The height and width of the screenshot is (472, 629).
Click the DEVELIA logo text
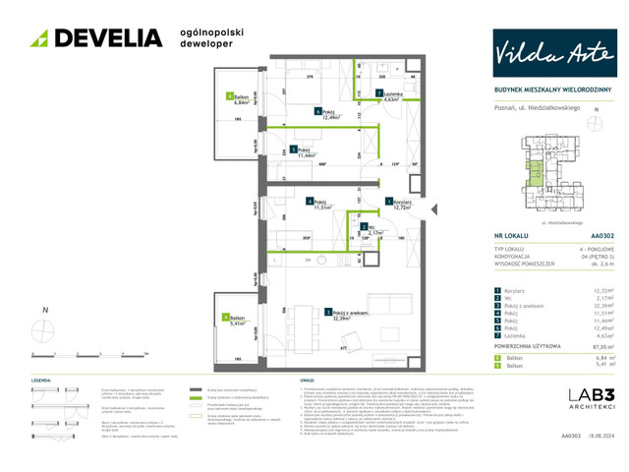point(108,37)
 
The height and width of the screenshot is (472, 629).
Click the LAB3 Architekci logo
point(589,401)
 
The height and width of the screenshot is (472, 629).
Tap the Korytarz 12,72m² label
point(399,205)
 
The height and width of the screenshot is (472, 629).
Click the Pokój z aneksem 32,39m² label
point(339,315)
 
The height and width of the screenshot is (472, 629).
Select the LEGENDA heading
point(42,380)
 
